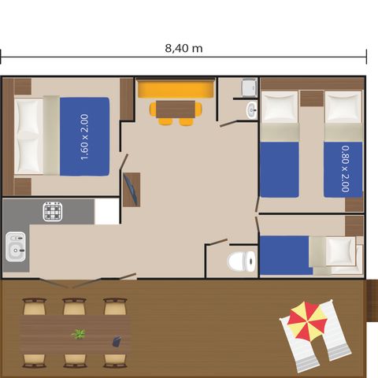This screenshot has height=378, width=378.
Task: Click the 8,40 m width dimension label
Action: pos(184,48)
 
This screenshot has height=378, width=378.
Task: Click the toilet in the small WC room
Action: pos(241,259)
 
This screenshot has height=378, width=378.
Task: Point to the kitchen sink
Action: pos(15,247)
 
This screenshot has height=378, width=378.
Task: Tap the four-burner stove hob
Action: pos(54,211)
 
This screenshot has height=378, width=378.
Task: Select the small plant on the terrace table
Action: pos(78,334)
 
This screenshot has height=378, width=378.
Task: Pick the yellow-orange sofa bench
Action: pos(176,88)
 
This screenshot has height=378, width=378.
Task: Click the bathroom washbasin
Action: pos(251,109)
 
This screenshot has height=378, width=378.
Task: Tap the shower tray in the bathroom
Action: pos(248,88)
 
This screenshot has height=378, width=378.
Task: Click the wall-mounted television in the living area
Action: pos(130,189)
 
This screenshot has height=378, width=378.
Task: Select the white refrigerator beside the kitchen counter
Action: pos(106,211)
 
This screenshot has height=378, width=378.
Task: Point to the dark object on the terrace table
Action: pos(116,341)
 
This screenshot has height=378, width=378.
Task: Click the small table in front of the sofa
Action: pos(176,109)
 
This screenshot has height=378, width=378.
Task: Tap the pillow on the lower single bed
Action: pos(340,250)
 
